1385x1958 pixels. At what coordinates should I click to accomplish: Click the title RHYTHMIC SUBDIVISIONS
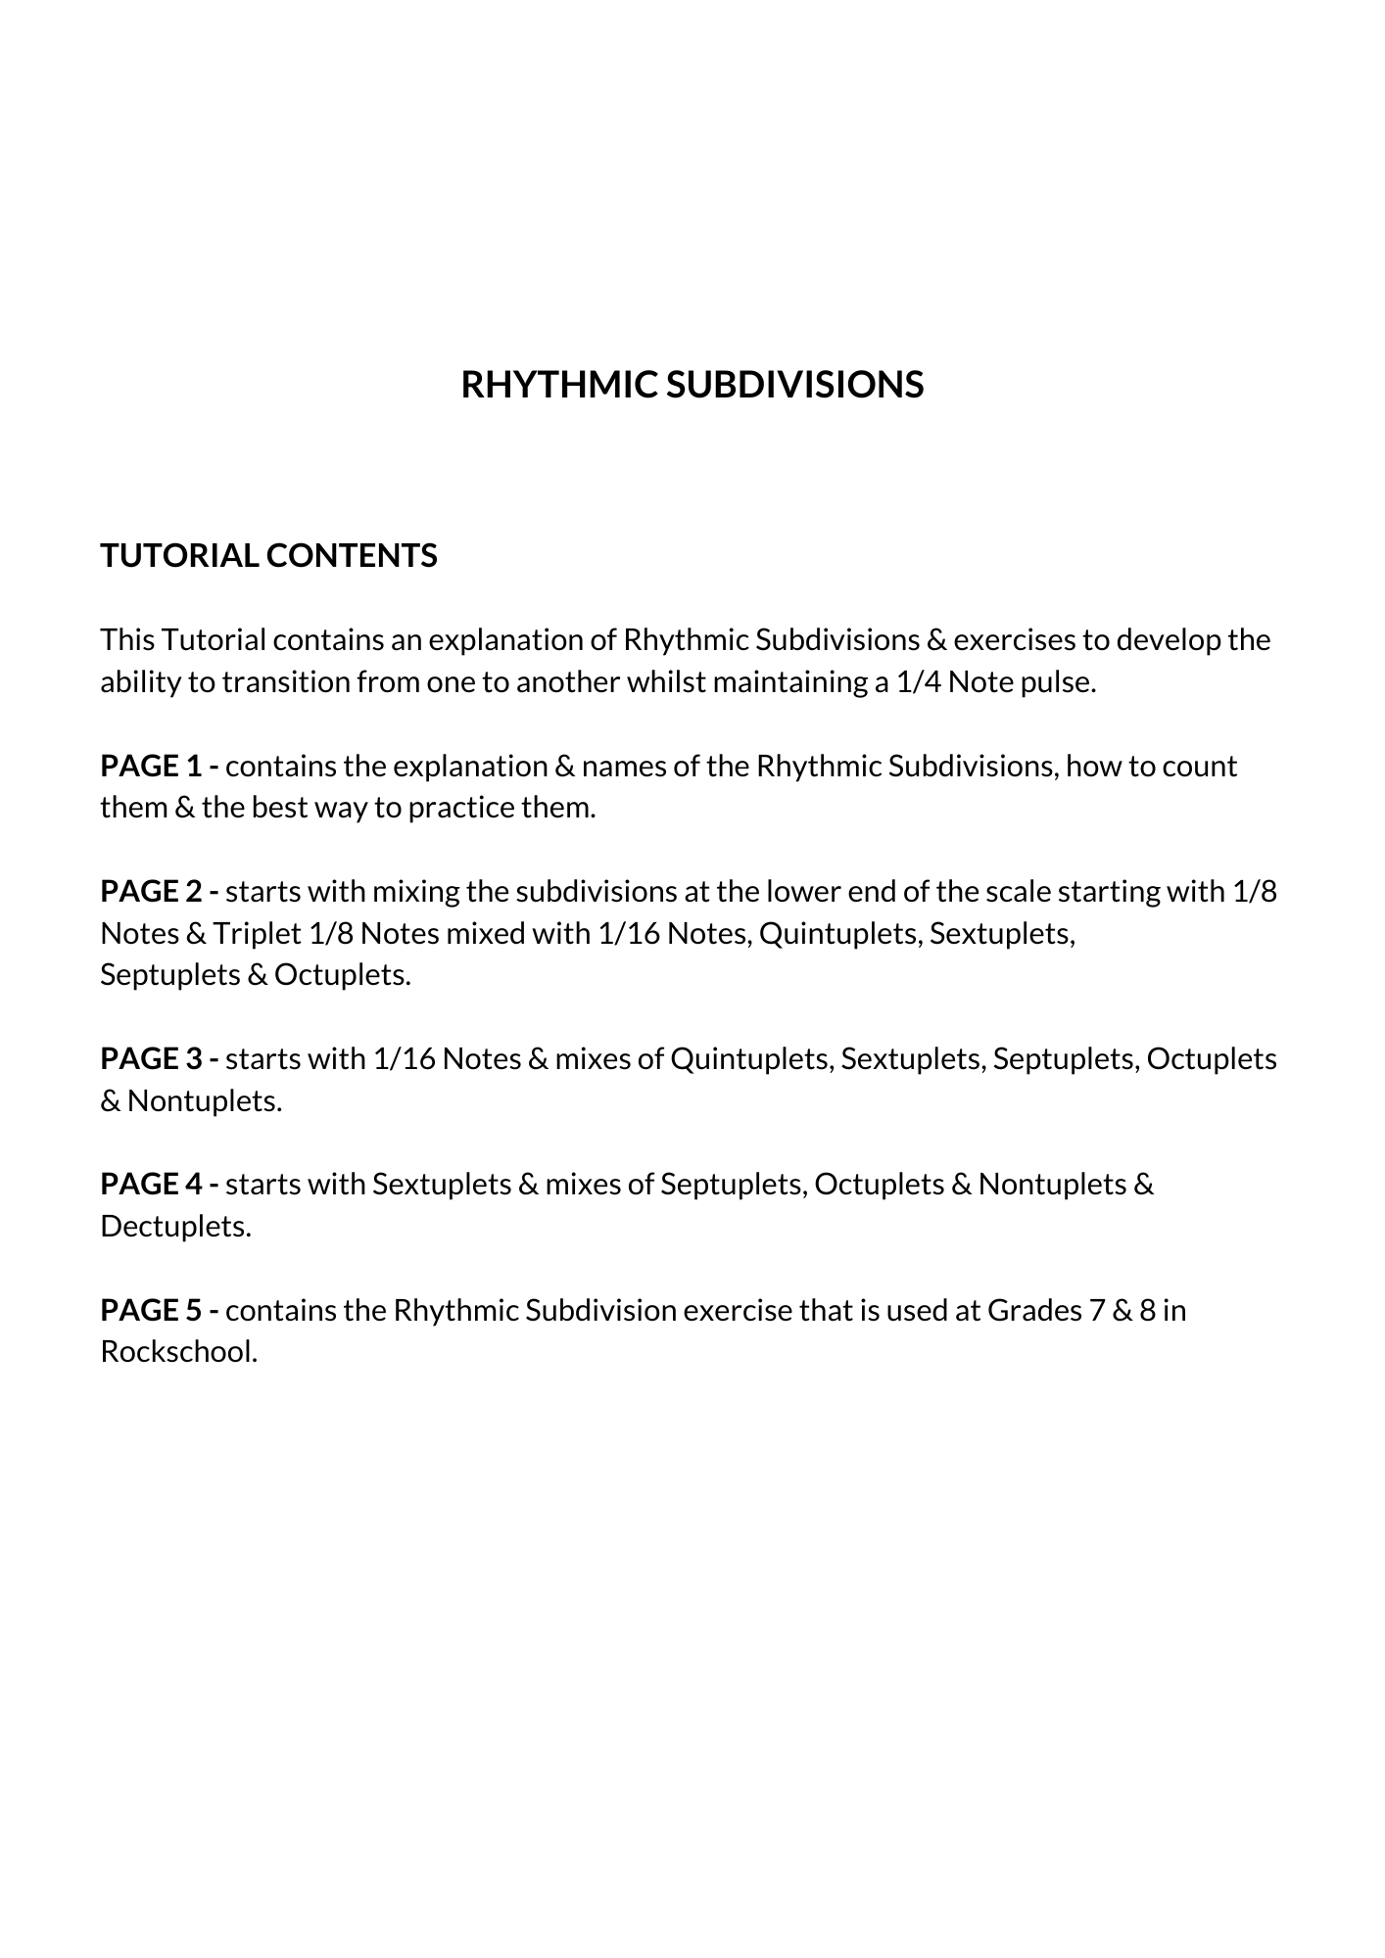coord(692,385)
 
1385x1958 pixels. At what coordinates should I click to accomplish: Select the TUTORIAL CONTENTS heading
coord(268,555)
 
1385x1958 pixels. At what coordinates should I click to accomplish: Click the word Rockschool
coord(178,1352)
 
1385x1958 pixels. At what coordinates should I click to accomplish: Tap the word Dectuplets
coord(175,1226)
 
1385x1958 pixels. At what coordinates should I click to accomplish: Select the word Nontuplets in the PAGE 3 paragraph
coord(204,1100)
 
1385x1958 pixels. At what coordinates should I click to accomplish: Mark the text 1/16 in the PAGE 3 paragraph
coord(404,1058)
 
